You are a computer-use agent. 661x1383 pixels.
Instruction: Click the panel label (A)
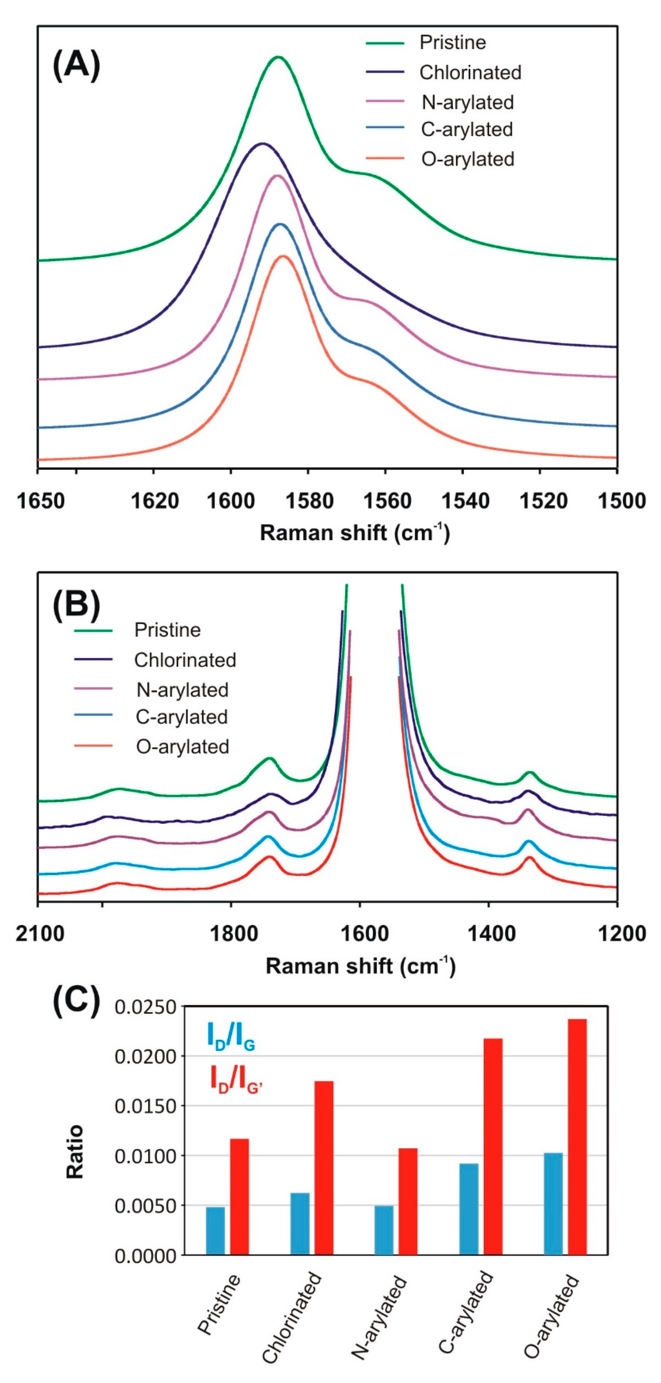(x=76, y=66)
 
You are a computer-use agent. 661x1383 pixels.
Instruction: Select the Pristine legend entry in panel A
(x=452, y=43)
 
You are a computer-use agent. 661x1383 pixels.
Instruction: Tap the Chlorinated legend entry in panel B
(x=185, y=660)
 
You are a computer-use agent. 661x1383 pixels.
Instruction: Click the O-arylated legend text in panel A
(x=467, y=159)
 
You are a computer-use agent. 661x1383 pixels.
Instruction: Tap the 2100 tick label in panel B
(x=40, y=934)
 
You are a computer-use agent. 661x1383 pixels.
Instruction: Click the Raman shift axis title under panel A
(x=354, y=533)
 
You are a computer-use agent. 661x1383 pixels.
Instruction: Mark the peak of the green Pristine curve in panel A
(x=278, y=57)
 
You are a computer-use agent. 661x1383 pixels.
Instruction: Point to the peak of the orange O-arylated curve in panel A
(x=283, y=257)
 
